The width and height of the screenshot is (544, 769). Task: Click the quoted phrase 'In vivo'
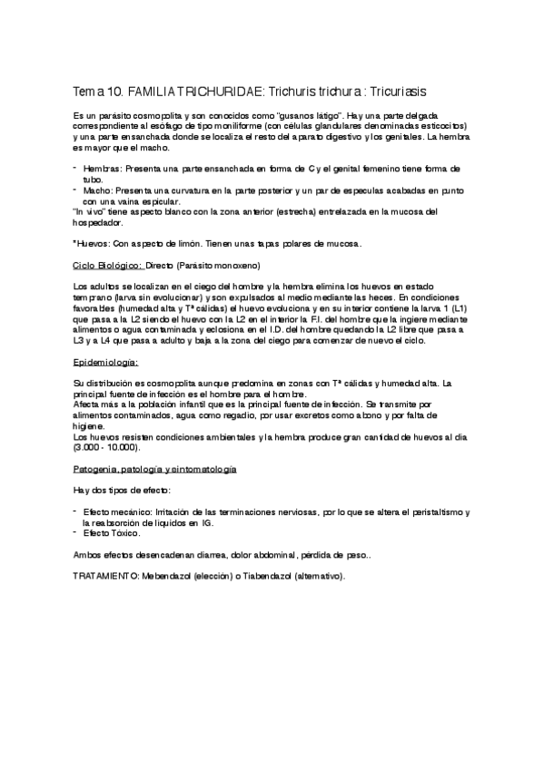tap(88, 212)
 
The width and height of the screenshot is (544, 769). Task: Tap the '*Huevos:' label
tap(89, 243)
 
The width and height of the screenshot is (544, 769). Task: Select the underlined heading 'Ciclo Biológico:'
tap(107, 265)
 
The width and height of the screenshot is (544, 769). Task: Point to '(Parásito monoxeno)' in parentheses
tap(218, 265)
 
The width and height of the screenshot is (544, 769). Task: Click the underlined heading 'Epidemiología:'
tap(104, 361)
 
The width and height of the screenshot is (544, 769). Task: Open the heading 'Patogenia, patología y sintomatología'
tap(154, 470)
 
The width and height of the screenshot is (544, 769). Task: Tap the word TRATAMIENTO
tap(101, 576)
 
